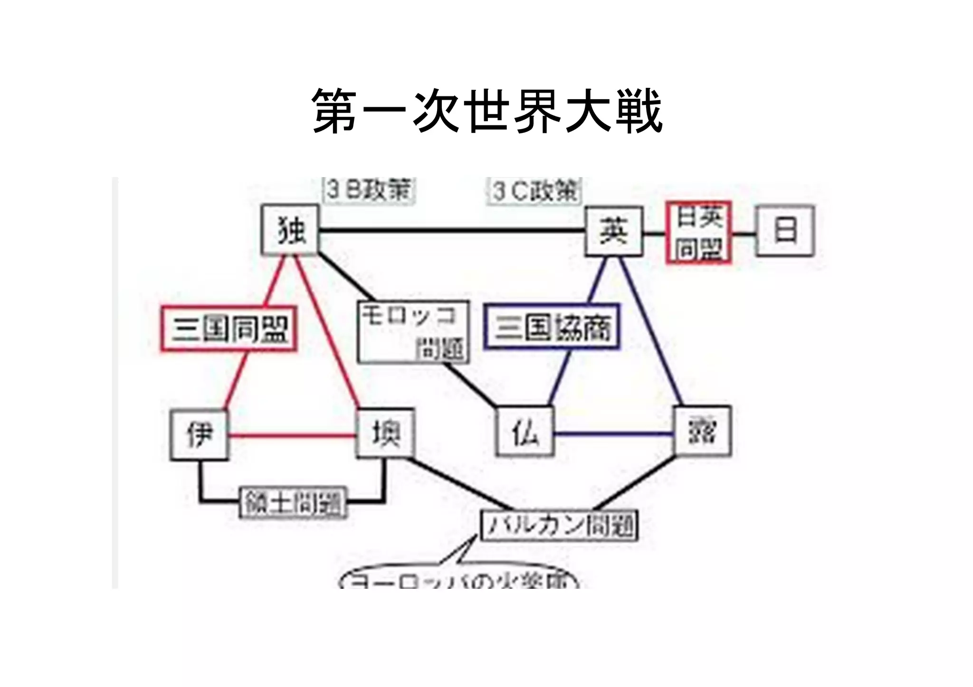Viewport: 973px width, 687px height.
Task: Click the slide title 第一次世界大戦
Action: (x=486, y=111)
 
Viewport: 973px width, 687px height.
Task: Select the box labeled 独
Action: (x=290, y=230)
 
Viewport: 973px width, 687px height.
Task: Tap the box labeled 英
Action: (x=614, y=231)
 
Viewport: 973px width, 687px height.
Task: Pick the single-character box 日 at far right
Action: (x=785, y=231)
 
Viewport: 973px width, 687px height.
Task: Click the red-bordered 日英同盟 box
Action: (x=698, y=233)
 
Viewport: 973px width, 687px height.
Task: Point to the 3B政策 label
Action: (x=369, y=191)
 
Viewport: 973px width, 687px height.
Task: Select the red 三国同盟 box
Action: (x=229, y=329)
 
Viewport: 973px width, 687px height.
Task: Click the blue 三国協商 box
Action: (x=552, y=327)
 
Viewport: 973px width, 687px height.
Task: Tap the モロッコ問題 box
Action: (x=413, y=331)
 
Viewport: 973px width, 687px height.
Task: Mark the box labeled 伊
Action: (x=199, y=434)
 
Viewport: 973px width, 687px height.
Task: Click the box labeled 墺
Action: (x=385, y=433)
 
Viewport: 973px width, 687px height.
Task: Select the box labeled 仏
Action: (x=525, y=432)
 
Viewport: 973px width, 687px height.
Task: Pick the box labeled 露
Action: (x=702, y=431)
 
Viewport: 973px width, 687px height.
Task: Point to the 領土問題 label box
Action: (x=293, y=501)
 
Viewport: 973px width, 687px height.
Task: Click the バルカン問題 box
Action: (x=559, y=525)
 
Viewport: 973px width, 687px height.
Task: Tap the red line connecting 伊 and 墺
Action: (x=292, y=435)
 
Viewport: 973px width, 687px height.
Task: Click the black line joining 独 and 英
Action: (x=451, y=231)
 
